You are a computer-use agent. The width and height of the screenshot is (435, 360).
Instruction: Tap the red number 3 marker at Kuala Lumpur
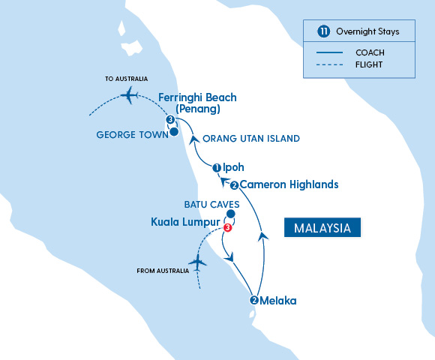click(227, 228)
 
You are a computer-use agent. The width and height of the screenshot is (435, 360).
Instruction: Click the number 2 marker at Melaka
click(254, 301)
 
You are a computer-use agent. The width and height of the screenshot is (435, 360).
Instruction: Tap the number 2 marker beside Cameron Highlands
click(235, 185)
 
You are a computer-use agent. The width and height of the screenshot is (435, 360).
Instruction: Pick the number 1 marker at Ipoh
click(217, 168)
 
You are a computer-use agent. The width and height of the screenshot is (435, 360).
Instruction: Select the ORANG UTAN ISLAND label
click(252, 138)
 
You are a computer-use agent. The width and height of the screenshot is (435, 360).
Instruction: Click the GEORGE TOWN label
click(128, 135)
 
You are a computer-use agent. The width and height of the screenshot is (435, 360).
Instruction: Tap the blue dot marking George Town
click(174, 133)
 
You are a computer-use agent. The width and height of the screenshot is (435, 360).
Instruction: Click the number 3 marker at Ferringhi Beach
click(170, 120)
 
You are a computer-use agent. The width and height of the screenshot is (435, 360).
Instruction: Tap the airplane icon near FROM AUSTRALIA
click(198, 262)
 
